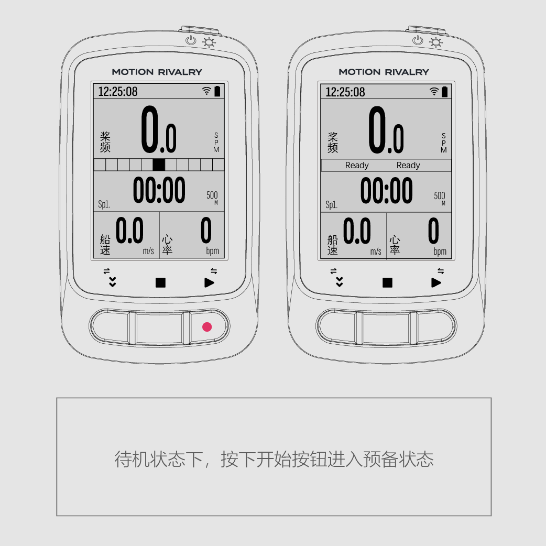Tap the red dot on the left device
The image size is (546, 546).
point(207,326)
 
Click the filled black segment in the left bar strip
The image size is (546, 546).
point(159,165)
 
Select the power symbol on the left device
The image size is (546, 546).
point(191,40)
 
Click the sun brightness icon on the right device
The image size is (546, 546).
point(435,42)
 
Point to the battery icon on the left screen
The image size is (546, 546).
point(217,91)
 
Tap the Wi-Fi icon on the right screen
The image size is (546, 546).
point(434,91)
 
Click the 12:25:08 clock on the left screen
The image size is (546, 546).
point(118,92)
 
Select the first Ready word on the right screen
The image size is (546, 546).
point(356,166)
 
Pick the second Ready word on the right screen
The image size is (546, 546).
point(408,166)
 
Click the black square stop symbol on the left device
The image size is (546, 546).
point(160,282)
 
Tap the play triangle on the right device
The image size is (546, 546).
point(436,282)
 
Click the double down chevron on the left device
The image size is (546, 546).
point(112,282)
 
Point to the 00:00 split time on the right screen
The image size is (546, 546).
point(386,190)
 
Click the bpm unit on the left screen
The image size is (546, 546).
point(212,250)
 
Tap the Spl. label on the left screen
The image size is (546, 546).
point(104,204)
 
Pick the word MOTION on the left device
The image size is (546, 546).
point(133,72)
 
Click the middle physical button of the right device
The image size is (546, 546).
point(387,328)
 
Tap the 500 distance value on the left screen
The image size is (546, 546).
point(212,195)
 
